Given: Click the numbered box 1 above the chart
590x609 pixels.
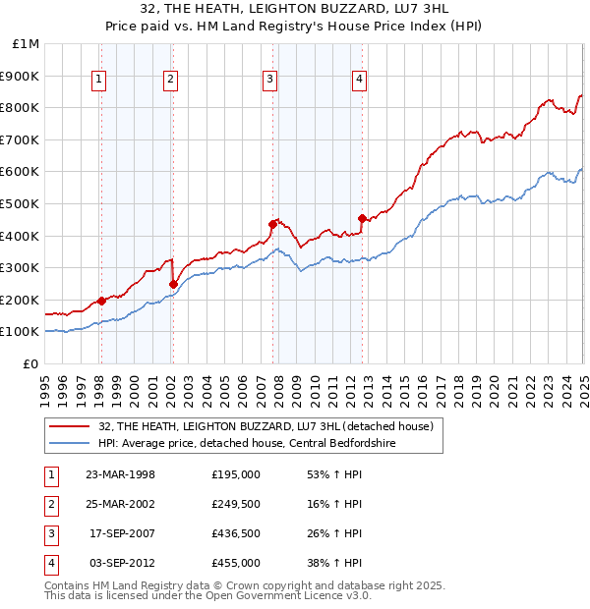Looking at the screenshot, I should tap(100, 81).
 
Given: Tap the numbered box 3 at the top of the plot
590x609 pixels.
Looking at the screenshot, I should tap(269, 81).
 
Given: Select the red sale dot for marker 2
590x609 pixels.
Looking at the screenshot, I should tap(173, 284).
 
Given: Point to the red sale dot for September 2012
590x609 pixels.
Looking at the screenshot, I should tap(362, 218).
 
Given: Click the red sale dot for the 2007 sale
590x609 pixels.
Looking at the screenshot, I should tap(272, 224).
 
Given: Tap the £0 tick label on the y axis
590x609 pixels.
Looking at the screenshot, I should tap(31, 363).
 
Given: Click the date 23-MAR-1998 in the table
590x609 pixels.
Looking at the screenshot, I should tap(121, 474).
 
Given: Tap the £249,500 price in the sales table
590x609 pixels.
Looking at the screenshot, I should tap(236, 504).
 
